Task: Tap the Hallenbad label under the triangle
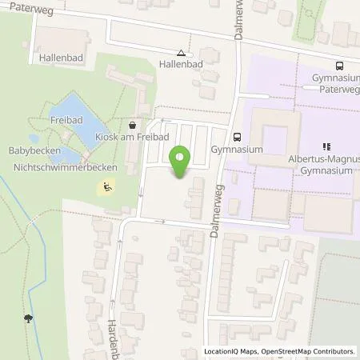tap(180, 64)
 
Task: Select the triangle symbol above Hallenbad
tap(180, 54)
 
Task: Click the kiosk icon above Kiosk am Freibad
tap(132, 125)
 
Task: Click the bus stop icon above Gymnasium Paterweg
tap(339, 66)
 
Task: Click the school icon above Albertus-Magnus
tap(326, 146)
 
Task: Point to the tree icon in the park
tap(29, 318)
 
